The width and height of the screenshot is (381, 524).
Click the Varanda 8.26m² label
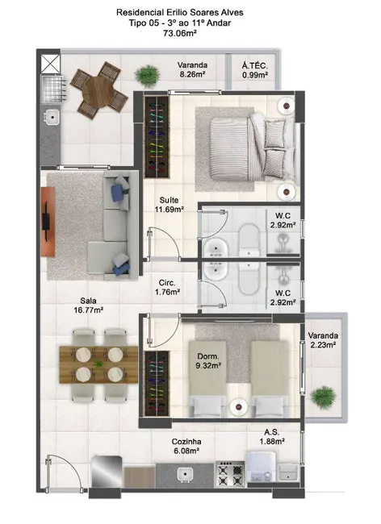pos(192,71)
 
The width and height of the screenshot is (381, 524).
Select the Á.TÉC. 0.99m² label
pos(259,71)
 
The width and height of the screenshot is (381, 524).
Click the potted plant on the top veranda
pos(147,76)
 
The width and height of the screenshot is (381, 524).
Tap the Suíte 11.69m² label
pos(170,205)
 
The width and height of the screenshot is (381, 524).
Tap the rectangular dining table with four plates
pos(96,364)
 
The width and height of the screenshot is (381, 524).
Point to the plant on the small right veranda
pos(324,397)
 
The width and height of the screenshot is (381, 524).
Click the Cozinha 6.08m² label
pos(186,447)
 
